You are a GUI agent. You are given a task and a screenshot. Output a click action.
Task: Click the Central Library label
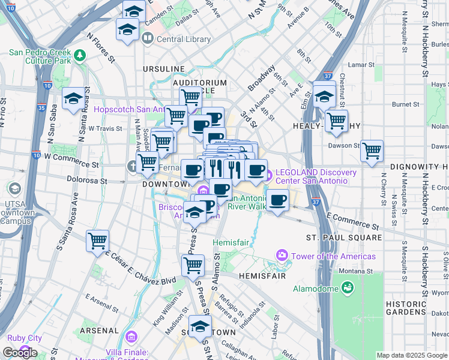coord(183,40)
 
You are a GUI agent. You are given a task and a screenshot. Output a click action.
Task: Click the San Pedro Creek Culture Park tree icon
coord(80,55)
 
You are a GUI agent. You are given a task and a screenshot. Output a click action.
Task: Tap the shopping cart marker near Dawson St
coord(372,151)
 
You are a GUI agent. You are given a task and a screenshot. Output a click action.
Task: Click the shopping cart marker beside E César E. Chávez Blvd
coord(97,242)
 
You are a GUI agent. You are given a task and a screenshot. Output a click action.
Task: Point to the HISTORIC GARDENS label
coord(407,308)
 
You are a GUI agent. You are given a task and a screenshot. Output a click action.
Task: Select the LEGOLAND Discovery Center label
coord(312,176)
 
